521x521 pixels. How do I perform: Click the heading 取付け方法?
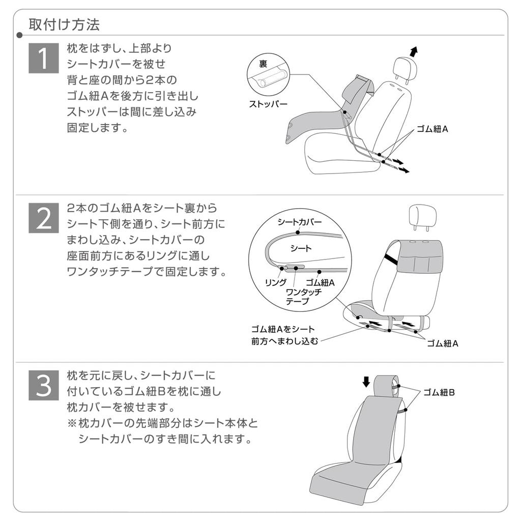coord(64,24)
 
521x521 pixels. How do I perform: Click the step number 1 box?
coord(43,58)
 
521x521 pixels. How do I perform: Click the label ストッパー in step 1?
coord(268,104)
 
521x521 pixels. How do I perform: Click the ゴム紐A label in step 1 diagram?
coord(432,129)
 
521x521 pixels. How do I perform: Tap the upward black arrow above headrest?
coord(413,51)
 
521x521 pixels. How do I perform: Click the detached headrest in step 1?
coord(406,67)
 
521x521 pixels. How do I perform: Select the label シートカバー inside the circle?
coord(300,222)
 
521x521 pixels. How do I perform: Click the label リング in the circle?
coord(275,282)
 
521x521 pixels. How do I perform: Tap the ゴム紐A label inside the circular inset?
coord(320,282)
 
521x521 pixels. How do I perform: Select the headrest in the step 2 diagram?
coord(422,217)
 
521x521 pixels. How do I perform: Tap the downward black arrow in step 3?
coord(366,381)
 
